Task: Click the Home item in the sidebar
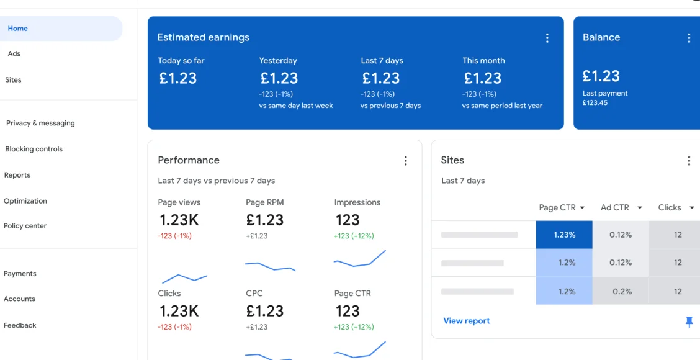18,29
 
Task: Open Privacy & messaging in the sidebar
40,123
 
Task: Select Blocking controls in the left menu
34,149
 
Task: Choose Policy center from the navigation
25,226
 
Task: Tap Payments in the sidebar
20,274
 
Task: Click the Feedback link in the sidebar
20,325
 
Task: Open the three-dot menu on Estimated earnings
547,38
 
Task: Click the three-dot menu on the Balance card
688,38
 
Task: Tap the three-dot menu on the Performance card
405,161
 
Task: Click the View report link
467,321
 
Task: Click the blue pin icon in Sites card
688,322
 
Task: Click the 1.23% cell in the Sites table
564,235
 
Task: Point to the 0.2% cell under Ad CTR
621,291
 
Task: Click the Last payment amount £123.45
595,103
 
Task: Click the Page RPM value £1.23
265,220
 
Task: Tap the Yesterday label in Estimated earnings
278,61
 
